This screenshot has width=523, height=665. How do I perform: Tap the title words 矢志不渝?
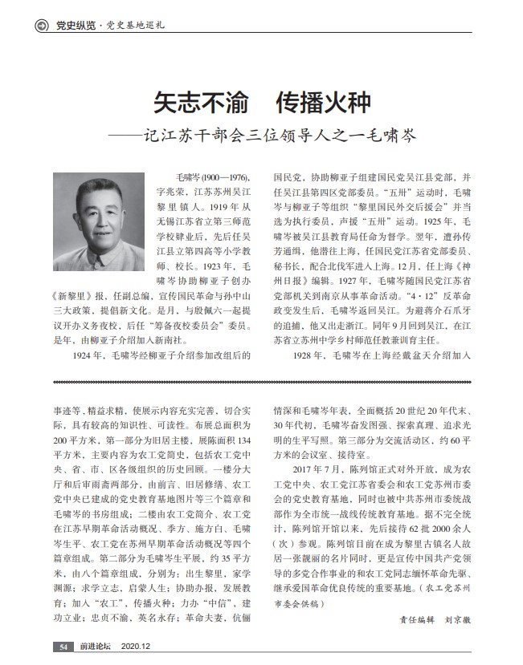(x=193, y=104)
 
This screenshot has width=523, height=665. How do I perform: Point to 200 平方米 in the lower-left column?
(x=69, y=441)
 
